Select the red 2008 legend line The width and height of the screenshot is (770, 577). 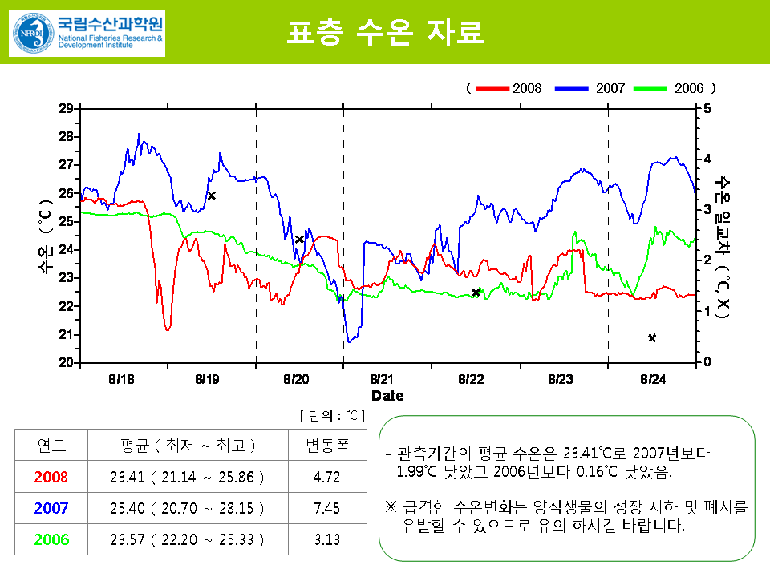tap(492, 88)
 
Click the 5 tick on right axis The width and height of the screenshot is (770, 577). tap(706, 108)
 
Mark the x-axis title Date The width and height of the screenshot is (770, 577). tap(387, 396)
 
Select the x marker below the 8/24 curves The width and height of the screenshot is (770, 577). tap(652, 338)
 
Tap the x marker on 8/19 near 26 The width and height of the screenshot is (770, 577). tap(212, 196)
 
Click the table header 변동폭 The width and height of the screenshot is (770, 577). tap(327, 446)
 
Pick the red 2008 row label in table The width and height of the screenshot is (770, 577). tap(51, 477)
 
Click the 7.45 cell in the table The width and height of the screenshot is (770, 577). tap(327, 508)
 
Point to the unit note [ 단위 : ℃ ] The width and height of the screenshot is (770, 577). tap(332, 415)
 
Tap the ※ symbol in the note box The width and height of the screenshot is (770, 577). tap(391, 507)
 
